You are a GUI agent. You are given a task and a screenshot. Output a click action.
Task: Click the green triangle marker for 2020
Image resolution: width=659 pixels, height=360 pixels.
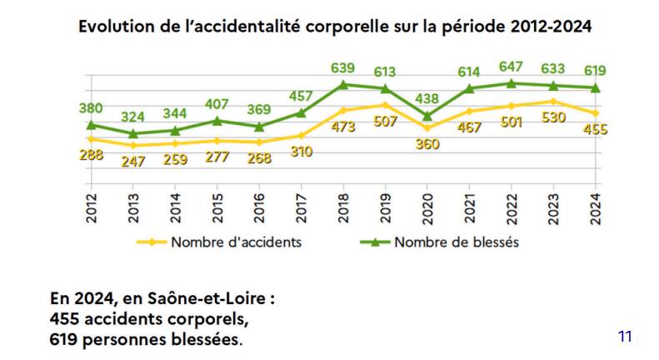pyautogui.click(x=428, y=116)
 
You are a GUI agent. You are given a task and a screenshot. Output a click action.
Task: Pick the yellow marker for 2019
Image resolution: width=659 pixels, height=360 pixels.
pyautogui.click(x=386, y=104)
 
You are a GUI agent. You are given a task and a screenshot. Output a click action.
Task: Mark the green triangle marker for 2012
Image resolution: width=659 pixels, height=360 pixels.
pyautogui.click(x=90, y=125)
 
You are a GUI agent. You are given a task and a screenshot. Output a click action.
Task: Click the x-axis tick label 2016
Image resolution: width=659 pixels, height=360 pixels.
pyautogui.click(x=259, y=206)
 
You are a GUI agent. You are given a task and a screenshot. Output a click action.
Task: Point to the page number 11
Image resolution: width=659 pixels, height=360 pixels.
pyautogui.click(x=626, y=337)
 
